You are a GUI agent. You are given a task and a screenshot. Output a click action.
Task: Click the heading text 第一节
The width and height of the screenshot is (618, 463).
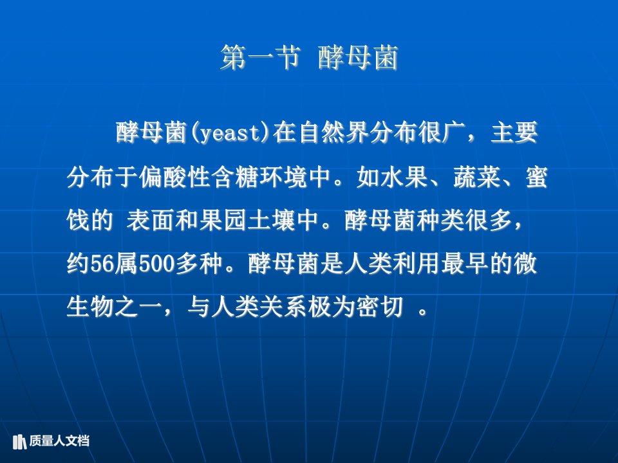(x=261, y=57)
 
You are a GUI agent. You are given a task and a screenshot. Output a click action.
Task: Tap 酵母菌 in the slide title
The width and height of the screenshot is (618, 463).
(x=359, y=57)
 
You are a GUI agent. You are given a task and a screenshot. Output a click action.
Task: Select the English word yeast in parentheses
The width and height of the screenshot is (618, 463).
(x=229, y=133)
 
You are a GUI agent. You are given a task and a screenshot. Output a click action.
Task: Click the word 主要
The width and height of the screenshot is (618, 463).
(x=514, y=132)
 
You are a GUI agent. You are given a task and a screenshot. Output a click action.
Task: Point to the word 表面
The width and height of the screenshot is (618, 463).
(x=150, y=220)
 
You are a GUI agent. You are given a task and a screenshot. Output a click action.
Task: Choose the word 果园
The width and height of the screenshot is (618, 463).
(x=223, y=220)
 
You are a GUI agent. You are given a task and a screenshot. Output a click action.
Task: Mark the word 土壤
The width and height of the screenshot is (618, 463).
(x=271, y=220)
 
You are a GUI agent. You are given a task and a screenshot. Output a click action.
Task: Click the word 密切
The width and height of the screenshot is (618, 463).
(x=380, y=307)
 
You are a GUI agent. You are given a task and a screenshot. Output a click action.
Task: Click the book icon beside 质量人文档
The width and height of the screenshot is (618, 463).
(x=19, y=441)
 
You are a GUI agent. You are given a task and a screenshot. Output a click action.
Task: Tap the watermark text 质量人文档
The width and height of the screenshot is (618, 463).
(x=59, y=441)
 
